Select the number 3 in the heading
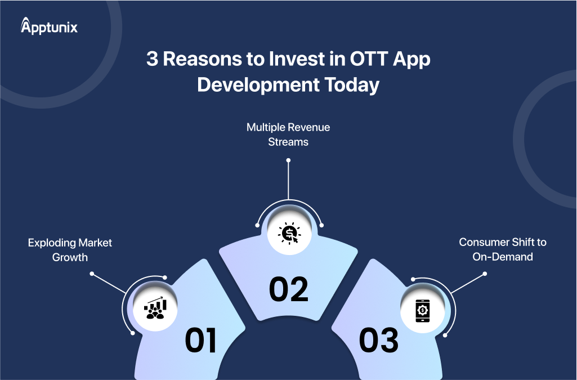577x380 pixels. (x=153, y=60)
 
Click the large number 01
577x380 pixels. (x=201, y=341)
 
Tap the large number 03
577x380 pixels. (x=378, y=341)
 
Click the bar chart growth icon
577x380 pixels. (x=155, y=309)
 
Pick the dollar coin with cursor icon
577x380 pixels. (x=288, y=233)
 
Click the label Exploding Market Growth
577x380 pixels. (x=70, y=249)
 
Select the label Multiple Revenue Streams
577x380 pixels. (x=288, y=135)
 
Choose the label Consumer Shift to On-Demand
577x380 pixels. (x=503, y=249)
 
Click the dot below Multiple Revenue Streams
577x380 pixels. (x=288, y=160)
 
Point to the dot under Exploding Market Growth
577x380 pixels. (x=92, y=275)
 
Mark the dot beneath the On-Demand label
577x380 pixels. (x=485, y=275)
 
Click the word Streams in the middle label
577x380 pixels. (x=288, y=142)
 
